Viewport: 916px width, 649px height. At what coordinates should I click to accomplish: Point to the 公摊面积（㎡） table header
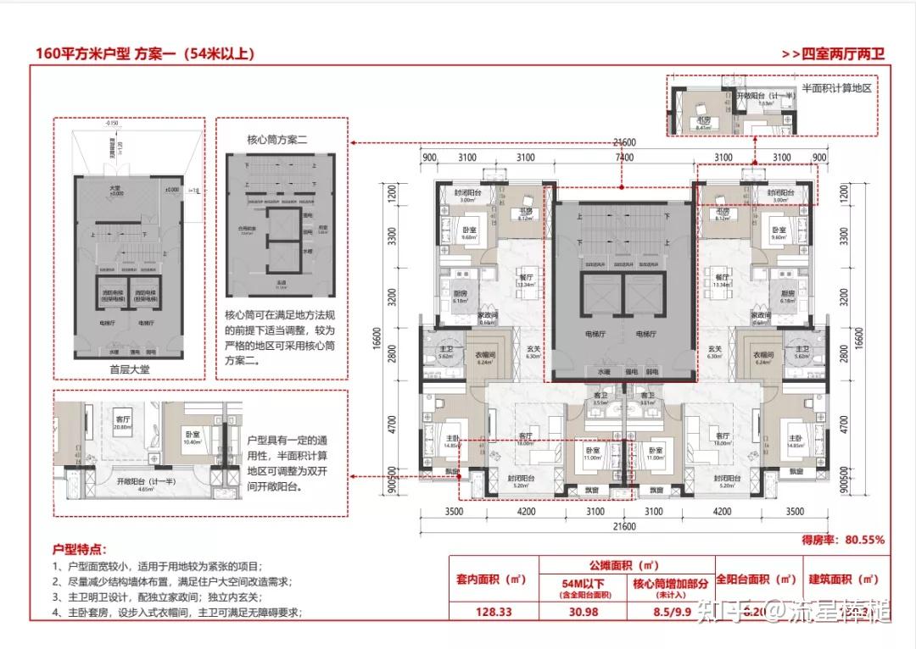[x=627, y=563]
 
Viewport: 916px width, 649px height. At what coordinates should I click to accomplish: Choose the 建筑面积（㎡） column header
[x=844, y=580]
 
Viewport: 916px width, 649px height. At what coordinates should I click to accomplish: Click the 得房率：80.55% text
[x=842, y=539]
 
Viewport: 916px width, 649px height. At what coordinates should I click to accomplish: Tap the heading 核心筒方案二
[x=276, y=139]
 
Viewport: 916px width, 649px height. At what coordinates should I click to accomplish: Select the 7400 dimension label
[x=624, y=158]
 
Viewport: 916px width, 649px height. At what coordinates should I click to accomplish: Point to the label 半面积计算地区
[x=837, y=88]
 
